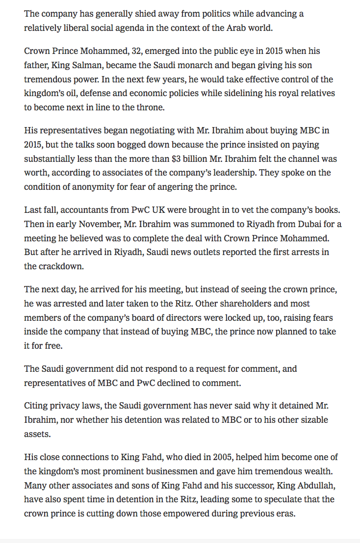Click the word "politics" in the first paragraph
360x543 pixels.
[193, 14]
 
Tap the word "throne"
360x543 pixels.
[150, 107]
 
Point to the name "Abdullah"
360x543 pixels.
[310, 486]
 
